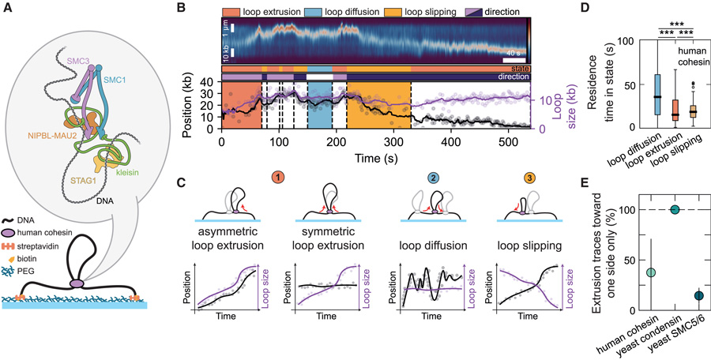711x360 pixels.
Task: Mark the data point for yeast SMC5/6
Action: (x=678, y=295)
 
